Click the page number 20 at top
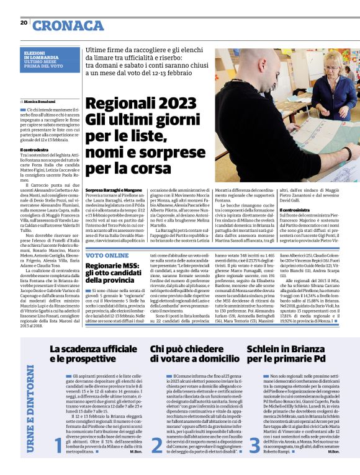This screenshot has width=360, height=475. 24,23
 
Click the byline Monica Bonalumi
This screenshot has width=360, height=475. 39,100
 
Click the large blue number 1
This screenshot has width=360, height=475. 58,446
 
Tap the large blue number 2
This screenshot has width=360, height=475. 156,445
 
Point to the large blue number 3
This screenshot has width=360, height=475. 254,445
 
